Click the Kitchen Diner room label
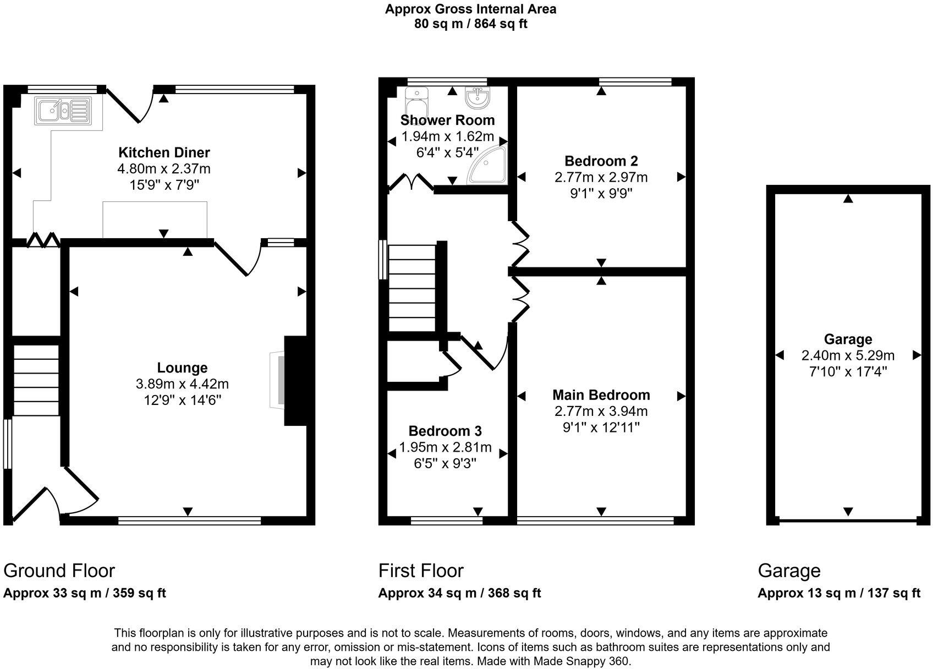point(164,152)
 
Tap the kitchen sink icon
point(63,111)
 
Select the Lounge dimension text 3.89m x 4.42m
point(182,383)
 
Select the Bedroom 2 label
point(601,161)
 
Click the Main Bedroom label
point(601,394)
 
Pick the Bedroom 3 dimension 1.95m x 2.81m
point(445,447)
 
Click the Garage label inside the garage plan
point(848,339)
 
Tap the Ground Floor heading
point(59,571)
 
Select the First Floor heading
point(421,571)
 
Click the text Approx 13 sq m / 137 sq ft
point(839,593)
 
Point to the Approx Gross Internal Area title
point(471,9)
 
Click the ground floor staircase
point(36,380)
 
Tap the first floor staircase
point(413,288)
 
